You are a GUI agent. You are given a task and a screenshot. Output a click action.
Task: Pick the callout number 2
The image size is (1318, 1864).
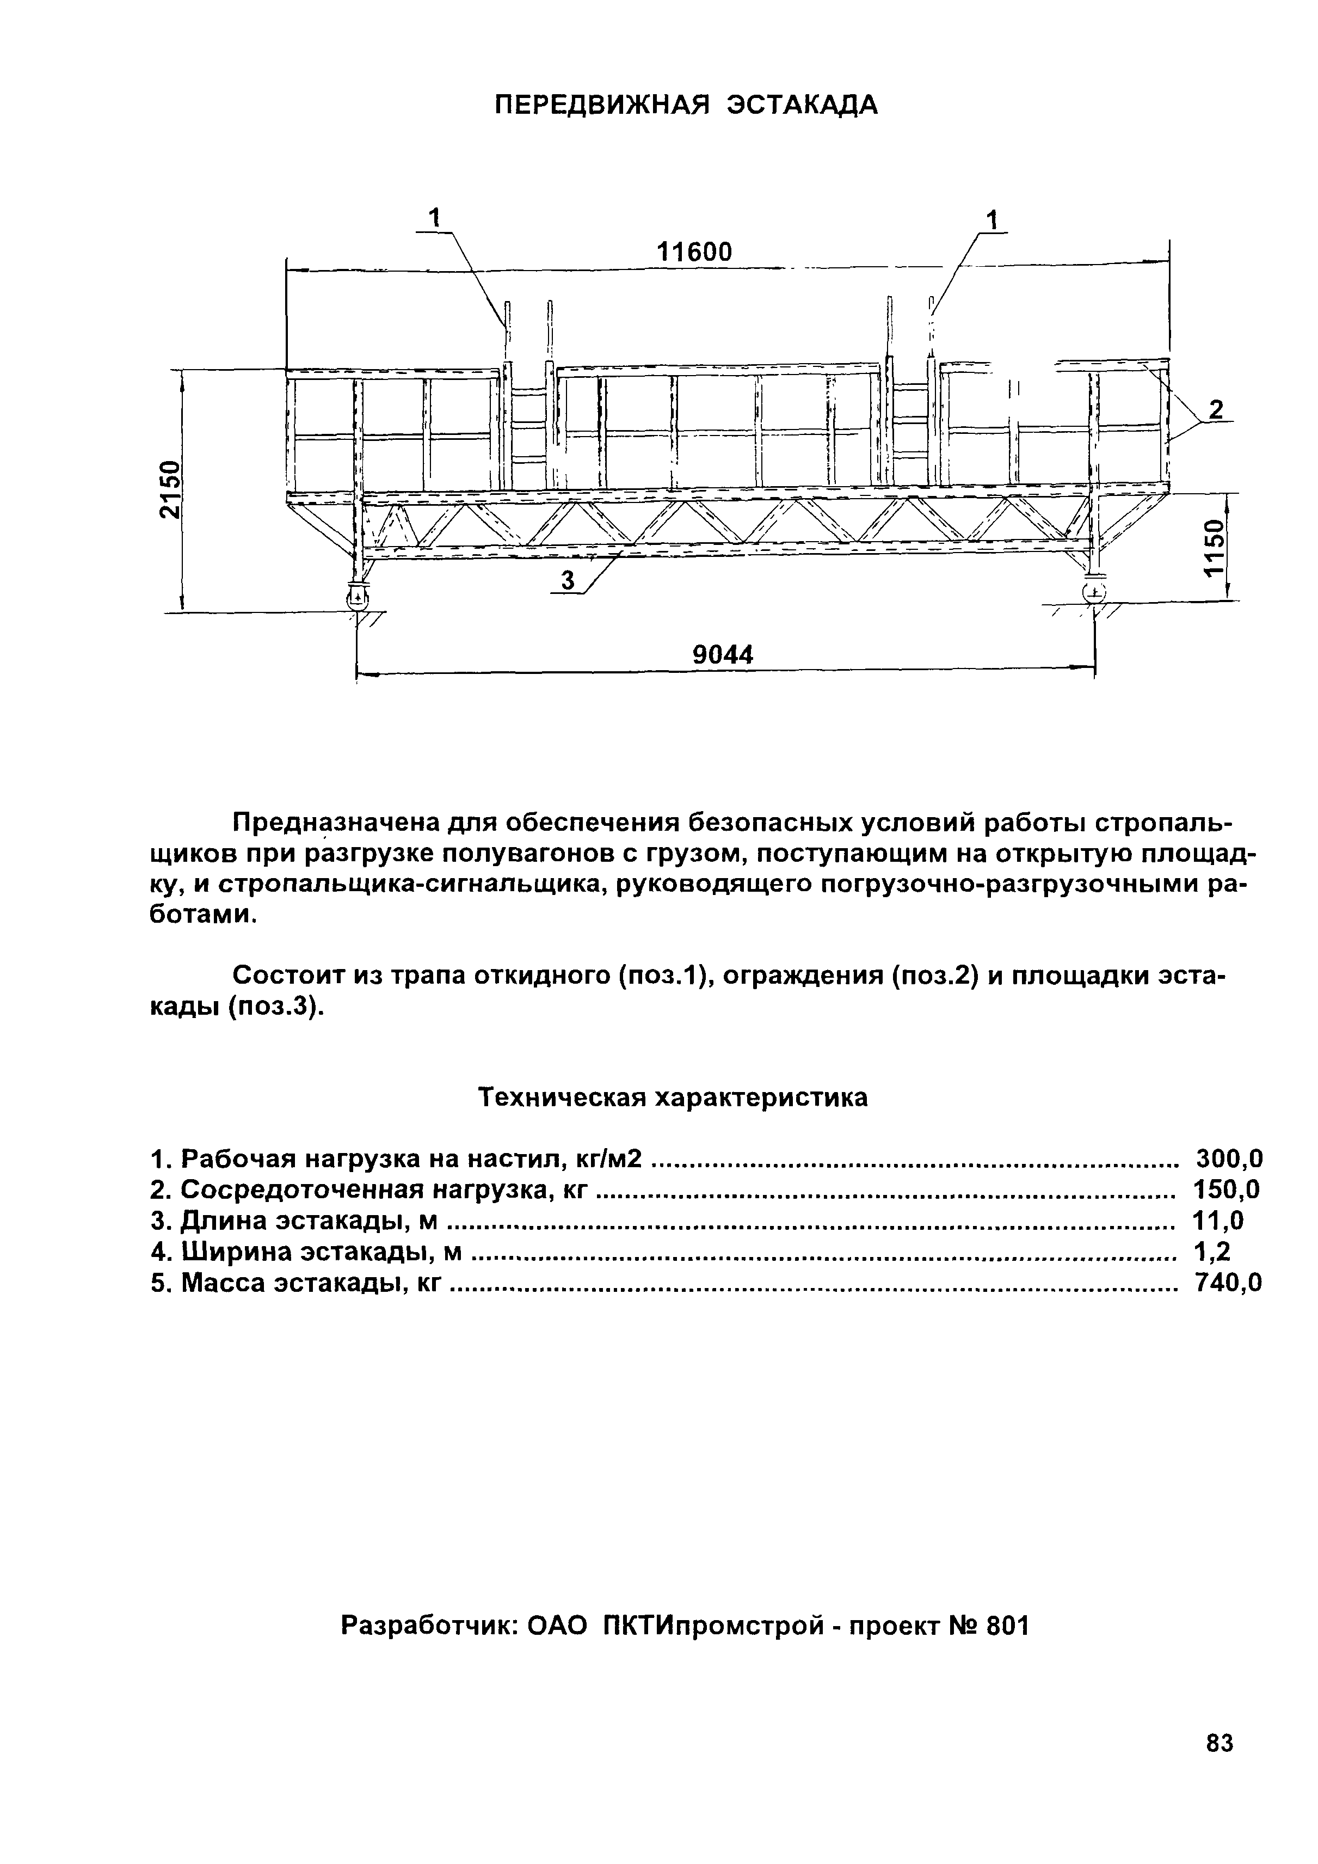[1215, 410]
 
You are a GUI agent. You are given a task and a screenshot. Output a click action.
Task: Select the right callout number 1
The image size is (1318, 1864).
[991, 219]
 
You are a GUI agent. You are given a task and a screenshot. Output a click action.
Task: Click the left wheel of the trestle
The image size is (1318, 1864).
[357, 598]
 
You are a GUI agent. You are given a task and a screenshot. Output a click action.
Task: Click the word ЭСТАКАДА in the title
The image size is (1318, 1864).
[801, 105]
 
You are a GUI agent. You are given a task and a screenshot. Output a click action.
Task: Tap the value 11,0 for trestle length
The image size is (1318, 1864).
[1217, 1221]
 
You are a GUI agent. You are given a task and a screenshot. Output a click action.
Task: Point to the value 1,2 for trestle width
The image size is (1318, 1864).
[1212, 1252]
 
